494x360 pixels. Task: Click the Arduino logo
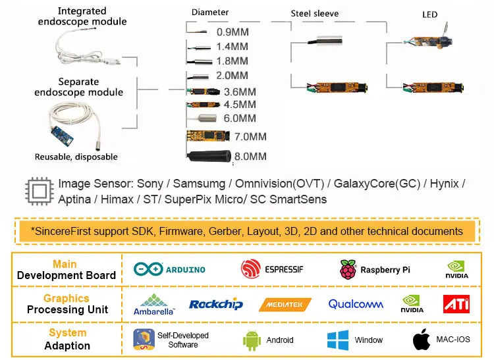coord(169,269)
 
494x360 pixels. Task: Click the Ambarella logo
coord(153,304)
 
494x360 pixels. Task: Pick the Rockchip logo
coord(216,304)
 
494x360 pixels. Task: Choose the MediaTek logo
coord(285,305)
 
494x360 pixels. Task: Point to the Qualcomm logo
coord(356,304)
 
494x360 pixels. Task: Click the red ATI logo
coord(456,304)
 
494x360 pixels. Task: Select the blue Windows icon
coord(337,340)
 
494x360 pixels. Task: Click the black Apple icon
coord(421,340)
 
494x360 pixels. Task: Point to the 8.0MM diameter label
coord(250,156)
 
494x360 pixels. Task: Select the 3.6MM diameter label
coord(240,92)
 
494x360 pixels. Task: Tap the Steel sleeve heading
coord(315,13)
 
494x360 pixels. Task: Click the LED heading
coord(429,14)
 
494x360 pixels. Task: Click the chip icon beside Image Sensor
coord(38,191)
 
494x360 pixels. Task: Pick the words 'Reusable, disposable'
coord(76,157)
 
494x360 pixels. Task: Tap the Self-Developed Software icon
coord(144,340)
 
